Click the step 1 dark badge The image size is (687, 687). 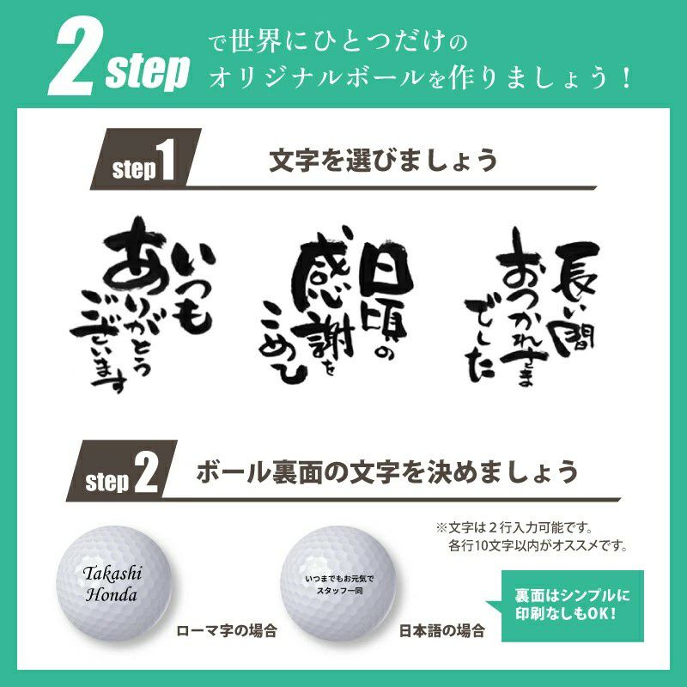click(x=145, y=159)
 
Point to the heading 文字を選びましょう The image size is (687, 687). click(x=383, y=160)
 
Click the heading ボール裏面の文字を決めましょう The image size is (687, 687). click(x=387, y=471)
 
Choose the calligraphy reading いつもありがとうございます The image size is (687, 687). click(x=143, y=304)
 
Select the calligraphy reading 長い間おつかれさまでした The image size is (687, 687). click(x=532, y=306)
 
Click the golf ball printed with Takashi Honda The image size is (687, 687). click(x=113, y=584)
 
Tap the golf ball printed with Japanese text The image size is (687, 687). click(x=338, y=584)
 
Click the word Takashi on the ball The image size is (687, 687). click(x=112, y=574)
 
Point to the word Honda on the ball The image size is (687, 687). click(x=112, y=594)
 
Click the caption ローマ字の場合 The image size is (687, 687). click(x=227, y=631)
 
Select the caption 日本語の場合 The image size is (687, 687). click(x=441, y=631)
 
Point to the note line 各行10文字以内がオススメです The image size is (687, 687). click(x=538, y=546)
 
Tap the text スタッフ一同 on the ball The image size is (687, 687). click(x=339, y=591)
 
